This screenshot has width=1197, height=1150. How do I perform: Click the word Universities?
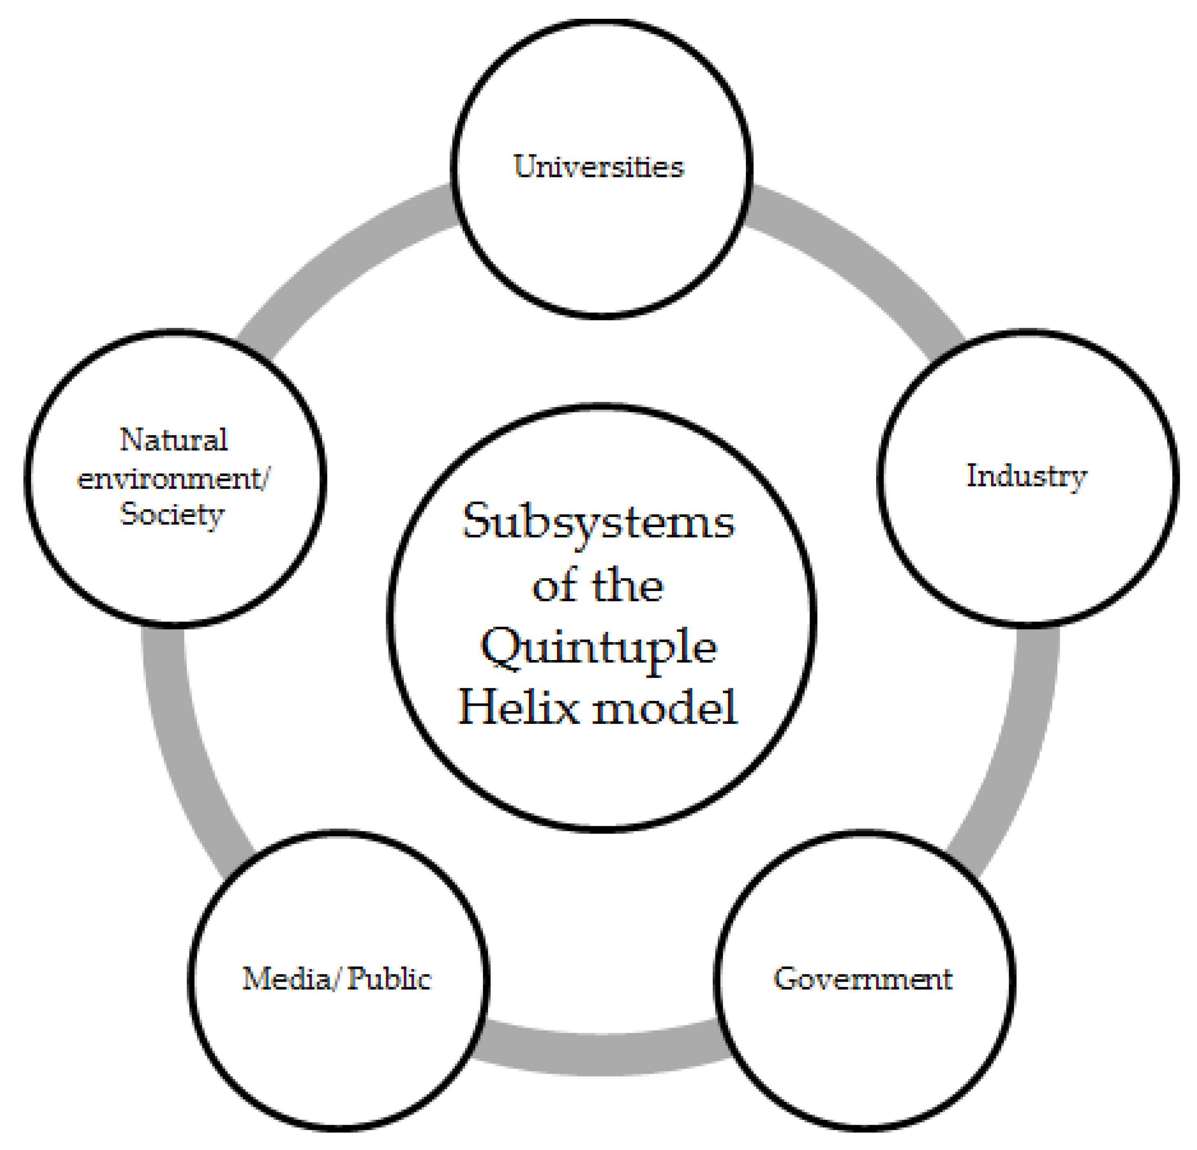pyautogui.click(x=598, y=167)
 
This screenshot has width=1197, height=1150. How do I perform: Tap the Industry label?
pyautogui.click(x=1026, y=476)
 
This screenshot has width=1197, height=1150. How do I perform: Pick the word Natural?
pyautogui.click(x=173, y=440)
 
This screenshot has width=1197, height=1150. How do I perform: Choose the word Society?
pyautogui.click(x=172, y=514)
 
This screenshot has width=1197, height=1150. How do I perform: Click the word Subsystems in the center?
pyautogui.click(x=598, y=523)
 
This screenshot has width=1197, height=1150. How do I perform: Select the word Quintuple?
pyautogui.click(x=598, y=647)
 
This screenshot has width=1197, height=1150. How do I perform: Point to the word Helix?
pyautogui.click(x=518, y=707)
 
